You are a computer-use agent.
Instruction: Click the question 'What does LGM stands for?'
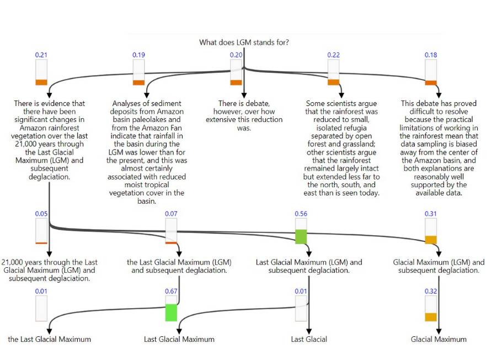pos(244,43)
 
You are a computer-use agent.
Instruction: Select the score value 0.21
pos(41,55)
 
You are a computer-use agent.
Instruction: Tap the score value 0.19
pos(138,55)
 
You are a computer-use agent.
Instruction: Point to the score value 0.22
pos(333,55)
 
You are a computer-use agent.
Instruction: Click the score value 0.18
pos(431,55)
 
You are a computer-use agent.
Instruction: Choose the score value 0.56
pos(301,214)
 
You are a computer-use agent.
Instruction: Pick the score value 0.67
pos(171,291)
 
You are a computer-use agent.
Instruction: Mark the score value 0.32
pos(431,291)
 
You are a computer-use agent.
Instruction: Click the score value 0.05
pos(41,214)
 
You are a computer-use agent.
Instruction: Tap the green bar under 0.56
pos(301,236)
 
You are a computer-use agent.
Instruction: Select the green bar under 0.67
pos(171,313)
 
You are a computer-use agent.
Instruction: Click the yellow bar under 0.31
pos(431,240)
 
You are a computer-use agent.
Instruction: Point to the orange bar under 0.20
pos(236,82)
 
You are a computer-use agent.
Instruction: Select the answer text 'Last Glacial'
pos(309,339)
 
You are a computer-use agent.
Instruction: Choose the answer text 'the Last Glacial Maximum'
pos(49,339)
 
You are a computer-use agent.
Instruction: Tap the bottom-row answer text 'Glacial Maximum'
pos(439,339)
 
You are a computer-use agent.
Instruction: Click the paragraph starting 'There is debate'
pos(244,115)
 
